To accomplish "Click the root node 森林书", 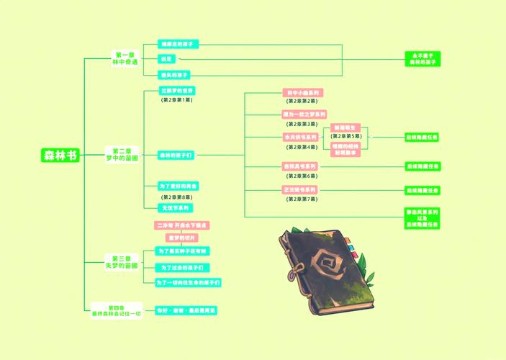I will (60, 156).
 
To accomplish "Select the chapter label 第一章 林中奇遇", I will (125, 59).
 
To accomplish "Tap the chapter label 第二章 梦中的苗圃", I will (125, 155).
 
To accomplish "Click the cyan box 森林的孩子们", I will (176, 155).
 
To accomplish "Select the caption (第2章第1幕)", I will (176, 100).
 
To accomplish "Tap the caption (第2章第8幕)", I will (176, 197).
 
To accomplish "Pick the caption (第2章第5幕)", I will (346, 135).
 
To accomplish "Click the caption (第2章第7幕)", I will (302, 199).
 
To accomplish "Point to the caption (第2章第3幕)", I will (302, 124).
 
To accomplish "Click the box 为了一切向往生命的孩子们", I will (189, 282).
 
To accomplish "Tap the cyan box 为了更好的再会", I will (178, 186).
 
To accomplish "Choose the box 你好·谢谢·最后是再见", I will (186, 311).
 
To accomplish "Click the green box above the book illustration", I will (422, 218).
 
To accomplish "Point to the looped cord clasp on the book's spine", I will (293, 271).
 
